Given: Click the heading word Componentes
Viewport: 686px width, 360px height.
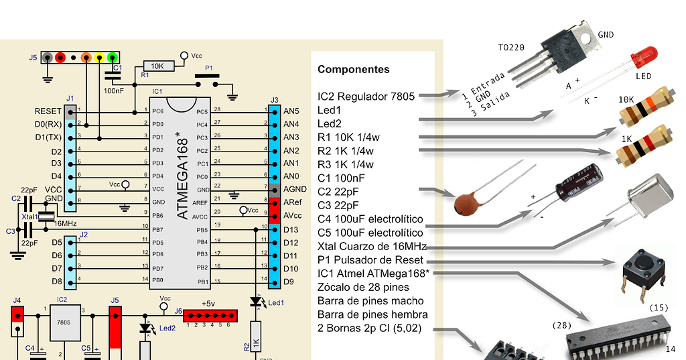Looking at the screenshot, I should coord(353,70).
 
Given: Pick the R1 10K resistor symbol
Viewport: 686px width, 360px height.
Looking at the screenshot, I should coord(158,66).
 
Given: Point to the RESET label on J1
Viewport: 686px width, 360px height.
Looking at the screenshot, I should coord(48,111).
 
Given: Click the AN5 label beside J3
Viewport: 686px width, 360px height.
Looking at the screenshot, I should coord(291,111).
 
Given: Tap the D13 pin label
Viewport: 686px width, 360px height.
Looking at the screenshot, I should coord(291,229).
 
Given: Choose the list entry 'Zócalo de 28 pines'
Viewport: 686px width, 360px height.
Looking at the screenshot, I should coord(363,287).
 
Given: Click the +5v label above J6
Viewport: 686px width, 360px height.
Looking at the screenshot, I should coord(209,302).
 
